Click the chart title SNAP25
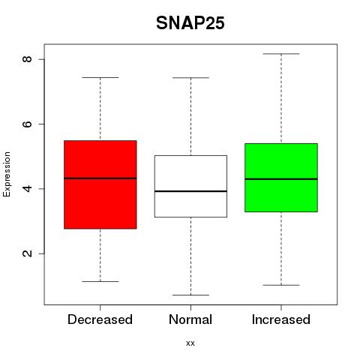190,23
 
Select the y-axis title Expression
7,174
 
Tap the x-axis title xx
190,343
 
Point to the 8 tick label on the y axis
27,59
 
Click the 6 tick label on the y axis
27,124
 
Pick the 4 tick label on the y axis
27,188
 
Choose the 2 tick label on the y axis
27,253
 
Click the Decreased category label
100,319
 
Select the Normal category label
190,319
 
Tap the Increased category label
281,319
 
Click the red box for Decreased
100,184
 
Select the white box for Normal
190,186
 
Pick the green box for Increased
281,178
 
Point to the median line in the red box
100,178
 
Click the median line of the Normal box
190,191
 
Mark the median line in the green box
281,179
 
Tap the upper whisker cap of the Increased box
281,54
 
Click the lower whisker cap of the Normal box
190,295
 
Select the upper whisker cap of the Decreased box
100,77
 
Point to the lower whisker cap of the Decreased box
100,281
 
